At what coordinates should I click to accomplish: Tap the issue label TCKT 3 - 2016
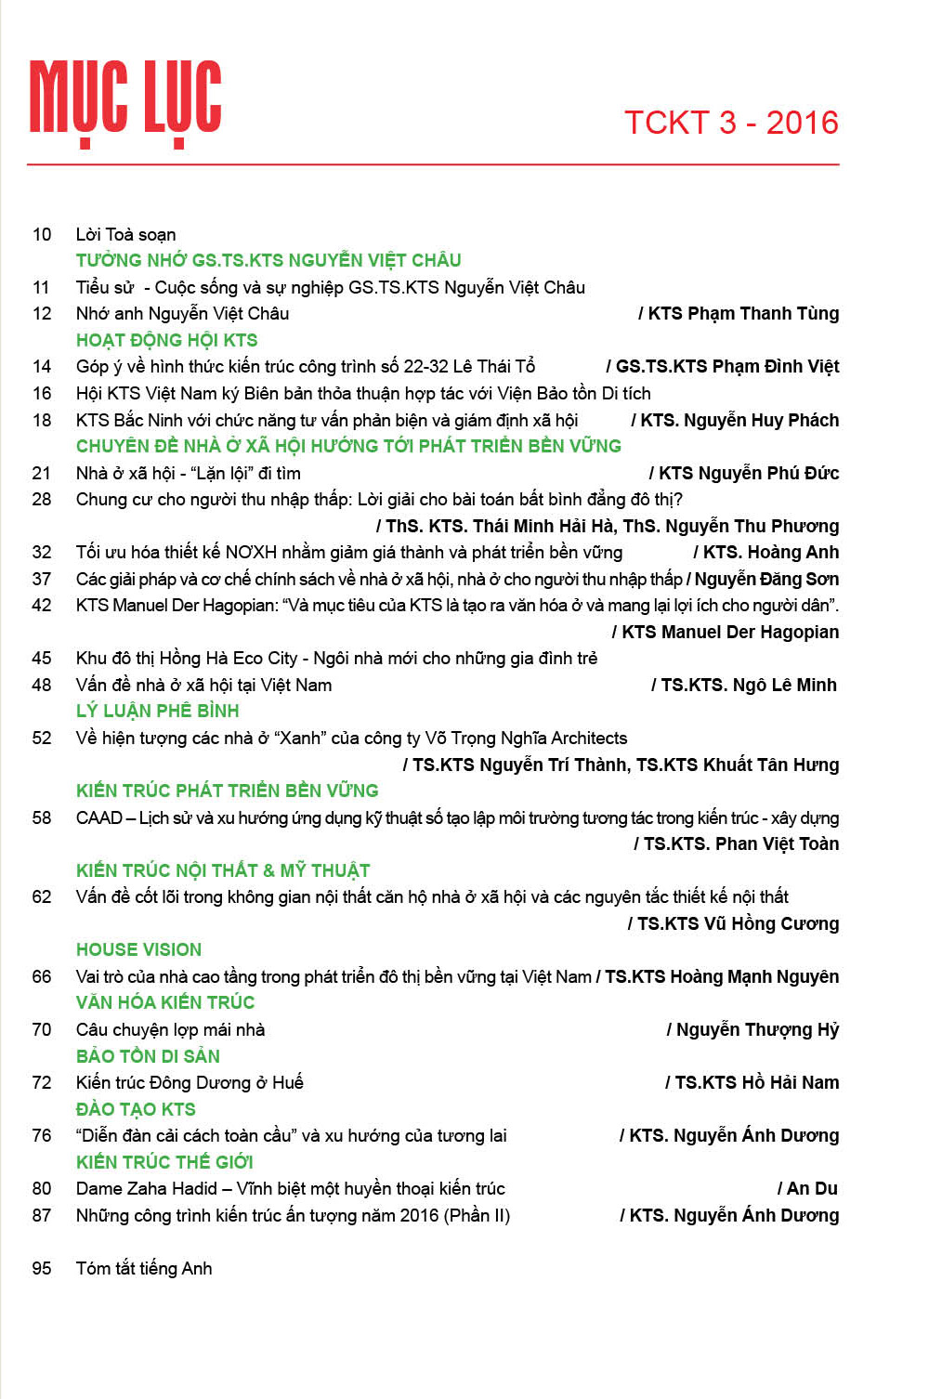(x=731, y=123)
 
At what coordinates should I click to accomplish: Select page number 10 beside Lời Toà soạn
(x=42, y=234)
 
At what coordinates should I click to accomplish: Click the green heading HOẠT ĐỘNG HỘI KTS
(x=167, y=340)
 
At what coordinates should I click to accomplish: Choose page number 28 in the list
(x=42, y=500)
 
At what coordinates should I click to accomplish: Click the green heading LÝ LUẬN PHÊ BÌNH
(x=158, y=711)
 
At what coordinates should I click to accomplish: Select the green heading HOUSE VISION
(x=139, y=949)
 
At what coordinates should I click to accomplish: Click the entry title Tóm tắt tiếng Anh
(x=144, y=1268)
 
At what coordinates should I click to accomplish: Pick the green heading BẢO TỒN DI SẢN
(x=149, y=1056)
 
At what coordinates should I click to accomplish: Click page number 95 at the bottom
(x=42, y=1268)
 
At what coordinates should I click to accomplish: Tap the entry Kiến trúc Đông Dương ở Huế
(x=190, y=1082)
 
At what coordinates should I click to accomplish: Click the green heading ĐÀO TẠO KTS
(x=137, y=1109)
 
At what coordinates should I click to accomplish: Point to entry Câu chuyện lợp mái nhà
(x=171, y=1029)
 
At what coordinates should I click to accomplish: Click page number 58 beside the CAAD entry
(x=42, y=817)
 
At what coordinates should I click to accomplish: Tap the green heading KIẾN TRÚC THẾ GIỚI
(x=165, y=1162)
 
